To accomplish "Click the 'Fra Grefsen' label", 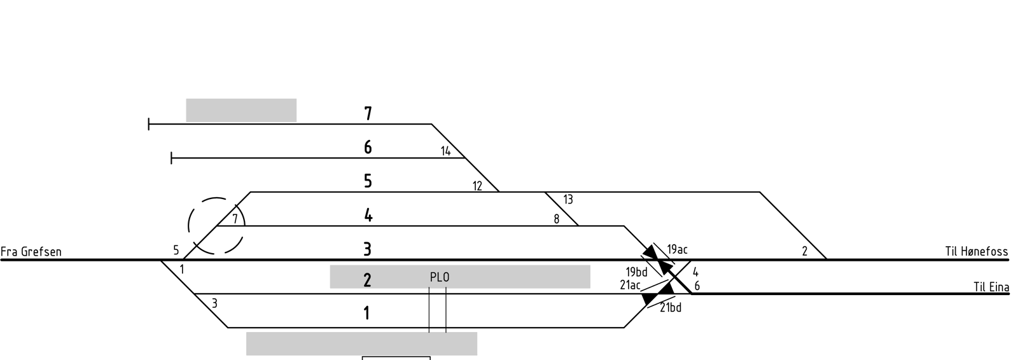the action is click(x=31, y=251).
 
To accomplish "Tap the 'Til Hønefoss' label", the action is click(x=977, y=251).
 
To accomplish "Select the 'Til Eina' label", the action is click(x=991, y=287).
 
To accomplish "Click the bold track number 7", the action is click(x=368, y=113).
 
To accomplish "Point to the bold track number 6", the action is click(x=368, y=148).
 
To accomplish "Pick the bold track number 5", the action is click(x=368, y=181).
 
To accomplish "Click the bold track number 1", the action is click(x=367, y=314).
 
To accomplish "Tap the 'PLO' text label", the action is click(x=440, y=277).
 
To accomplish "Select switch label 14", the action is click(x=446, y=151).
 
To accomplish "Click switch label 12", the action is click(x=477, y=186).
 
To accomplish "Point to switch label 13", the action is click(x=568, y=200).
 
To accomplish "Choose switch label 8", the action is click(x=556, y=219).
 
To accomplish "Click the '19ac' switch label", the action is click(x=677, y=249).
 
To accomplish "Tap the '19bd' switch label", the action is click(x=636, y=272).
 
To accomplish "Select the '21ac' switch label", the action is click(x=630, y=285).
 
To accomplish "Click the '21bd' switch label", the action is click(x=671, y=308).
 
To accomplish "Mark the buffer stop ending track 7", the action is click(x=149, y=124).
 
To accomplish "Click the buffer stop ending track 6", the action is click(x=171, y=158).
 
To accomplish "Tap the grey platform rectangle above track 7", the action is click(x=241, y=111).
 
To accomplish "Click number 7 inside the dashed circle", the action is click(x=235, y=219).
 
